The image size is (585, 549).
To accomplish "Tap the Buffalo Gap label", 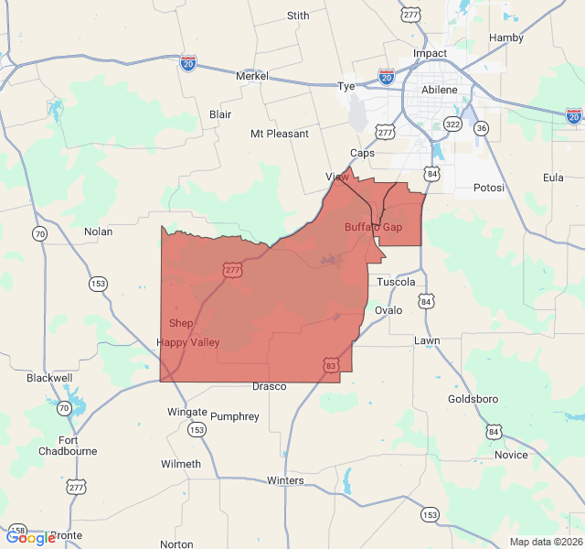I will click(373, 227).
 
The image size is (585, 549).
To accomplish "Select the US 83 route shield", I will click(330, 366).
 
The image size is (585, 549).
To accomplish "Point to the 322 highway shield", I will click(452, 124).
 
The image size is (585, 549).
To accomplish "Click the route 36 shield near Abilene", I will click(482, 127).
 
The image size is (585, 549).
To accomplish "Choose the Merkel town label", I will click(251, 76).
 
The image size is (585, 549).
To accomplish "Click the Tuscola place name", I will click(396, 282).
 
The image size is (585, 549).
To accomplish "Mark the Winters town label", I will click(285, 480).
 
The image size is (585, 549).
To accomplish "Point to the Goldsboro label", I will click(473, 400).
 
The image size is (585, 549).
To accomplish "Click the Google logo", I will click(30, 538).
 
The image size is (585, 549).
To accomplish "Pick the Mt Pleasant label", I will click(280, 134).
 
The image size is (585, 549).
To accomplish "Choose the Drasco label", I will click(270, 386).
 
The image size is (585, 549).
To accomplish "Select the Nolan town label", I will click(98, 231).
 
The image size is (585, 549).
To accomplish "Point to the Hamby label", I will click(506, 38).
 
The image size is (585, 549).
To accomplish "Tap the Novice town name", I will click(511, 455).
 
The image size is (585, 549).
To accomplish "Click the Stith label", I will click(298, 16).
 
